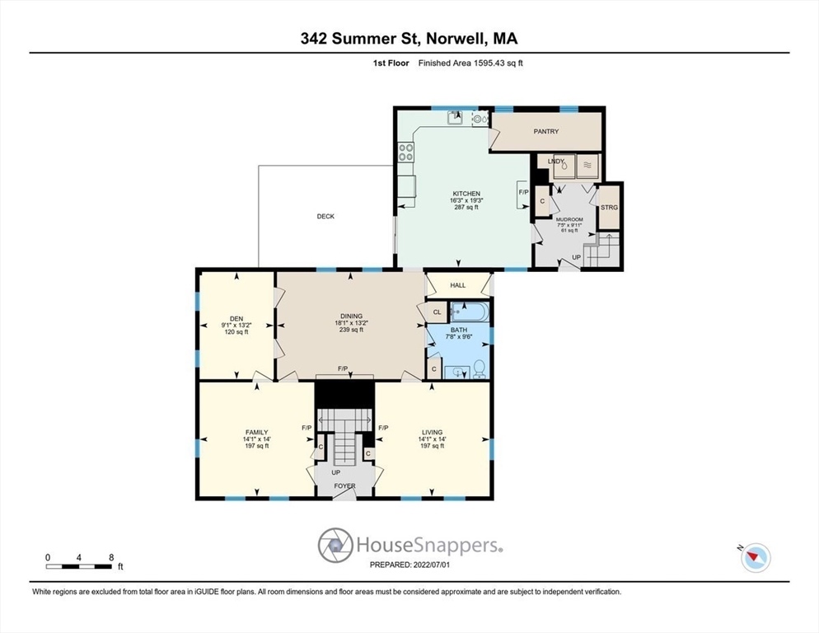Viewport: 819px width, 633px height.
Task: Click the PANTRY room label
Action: tap(545, 132)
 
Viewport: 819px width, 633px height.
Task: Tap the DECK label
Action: tap(325, 217)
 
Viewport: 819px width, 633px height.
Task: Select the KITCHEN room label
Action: tap(466, 194)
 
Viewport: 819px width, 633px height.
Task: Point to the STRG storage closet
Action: tap(609, 208)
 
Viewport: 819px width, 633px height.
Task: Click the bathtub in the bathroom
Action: tap(470, 312)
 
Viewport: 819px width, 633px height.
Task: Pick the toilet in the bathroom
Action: tap(480, 369)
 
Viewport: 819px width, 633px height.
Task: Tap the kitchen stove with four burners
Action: tap(406, 152)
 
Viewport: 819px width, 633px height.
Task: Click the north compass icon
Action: tap(755, 556)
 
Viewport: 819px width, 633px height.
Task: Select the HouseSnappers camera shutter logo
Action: tap(335, 545)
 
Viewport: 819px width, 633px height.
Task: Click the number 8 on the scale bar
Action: tap(111, 558)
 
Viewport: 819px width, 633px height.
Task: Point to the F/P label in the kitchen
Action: tap(523, 192)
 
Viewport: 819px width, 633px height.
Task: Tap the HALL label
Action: tap(458, 285)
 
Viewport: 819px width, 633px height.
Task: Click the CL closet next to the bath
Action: tap(438, 312)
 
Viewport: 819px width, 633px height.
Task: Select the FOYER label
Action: tap(344, 486)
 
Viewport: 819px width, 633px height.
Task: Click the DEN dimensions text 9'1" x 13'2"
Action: tap(236, 325)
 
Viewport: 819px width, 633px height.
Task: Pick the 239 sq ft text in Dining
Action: tap(351, 330)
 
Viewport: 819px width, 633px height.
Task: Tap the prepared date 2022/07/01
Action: tap(432, 565)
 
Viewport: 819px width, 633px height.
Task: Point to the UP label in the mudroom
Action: tap(577, 257)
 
